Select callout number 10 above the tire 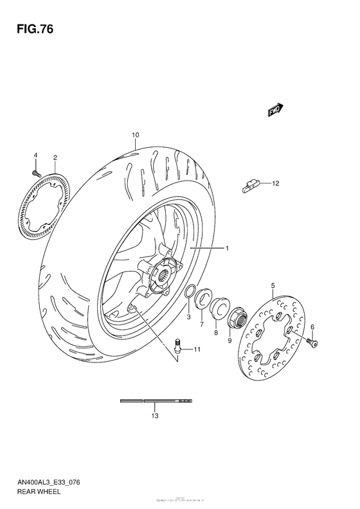135,135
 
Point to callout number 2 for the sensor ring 55,157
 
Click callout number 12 276,184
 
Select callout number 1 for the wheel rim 227,247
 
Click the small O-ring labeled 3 190,294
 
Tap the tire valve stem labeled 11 179,347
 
